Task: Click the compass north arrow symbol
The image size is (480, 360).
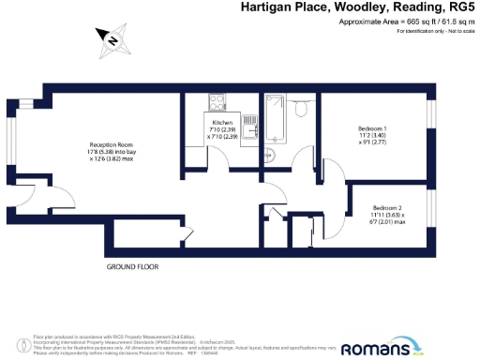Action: tap(112, 39)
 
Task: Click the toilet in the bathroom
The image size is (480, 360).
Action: tap(301, 108)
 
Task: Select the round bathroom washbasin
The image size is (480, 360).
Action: tap(268, 155)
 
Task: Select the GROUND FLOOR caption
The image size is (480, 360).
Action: tap(132, 267)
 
